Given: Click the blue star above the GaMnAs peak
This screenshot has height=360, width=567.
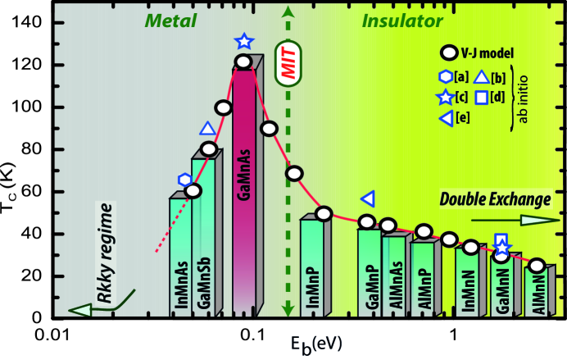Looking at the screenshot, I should tap(243, 41).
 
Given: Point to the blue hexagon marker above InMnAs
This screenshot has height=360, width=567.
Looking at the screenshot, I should tap(184, 180).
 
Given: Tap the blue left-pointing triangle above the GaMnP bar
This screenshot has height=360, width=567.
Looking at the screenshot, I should tap(369, 198).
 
